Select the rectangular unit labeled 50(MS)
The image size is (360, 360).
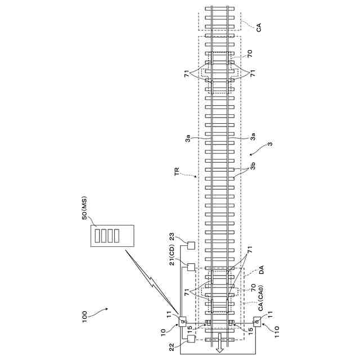tap(114, 235)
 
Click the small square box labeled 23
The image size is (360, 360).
tap(191, 245)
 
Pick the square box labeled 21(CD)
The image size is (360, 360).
tap(191, 267)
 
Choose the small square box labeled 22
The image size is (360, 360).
tap(191, 339)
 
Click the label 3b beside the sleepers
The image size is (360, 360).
tap(254, 166)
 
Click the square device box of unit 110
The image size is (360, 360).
tap(257, 322)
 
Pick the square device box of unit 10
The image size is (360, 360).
tap(183, 322)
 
